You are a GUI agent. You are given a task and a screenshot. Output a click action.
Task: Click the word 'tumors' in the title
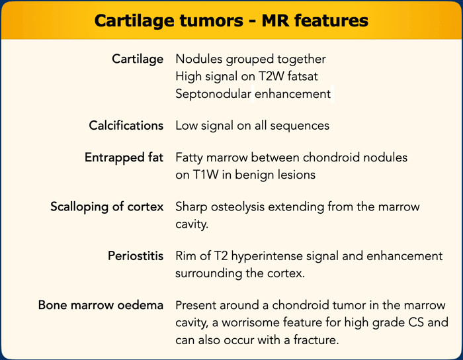212,21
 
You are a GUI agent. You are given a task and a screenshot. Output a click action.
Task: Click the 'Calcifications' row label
126,126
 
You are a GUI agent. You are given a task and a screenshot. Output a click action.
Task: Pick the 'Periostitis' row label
136,255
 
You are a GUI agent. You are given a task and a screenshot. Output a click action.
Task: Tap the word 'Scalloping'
79,207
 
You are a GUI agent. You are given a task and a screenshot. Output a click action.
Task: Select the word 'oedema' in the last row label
140,305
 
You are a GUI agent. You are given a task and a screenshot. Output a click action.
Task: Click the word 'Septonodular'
213,94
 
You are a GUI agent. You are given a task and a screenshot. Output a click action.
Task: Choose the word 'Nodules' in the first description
199,59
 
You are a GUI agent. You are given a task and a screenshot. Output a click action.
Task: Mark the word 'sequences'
300,126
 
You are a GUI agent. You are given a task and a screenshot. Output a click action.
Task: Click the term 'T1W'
206,175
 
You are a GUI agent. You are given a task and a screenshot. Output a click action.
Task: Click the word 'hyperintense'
267,256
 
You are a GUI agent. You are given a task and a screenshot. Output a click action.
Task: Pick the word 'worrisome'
251,322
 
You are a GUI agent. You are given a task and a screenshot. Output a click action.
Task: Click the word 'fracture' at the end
316,340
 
